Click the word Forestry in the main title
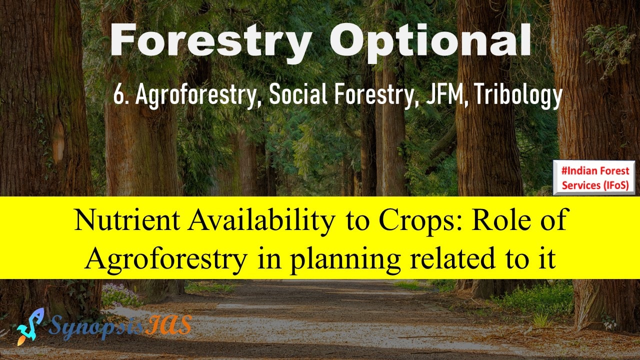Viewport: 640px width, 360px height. click(210, 40)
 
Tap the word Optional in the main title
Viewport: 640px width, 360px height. click(430, 40)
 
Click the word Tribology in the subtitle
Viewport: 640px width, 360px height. click(518, 96)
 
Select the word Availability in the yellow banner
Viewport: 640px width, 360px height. click(261, 222)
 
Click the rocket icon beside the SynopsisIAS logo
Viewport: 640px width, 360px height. click(30, 326)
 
